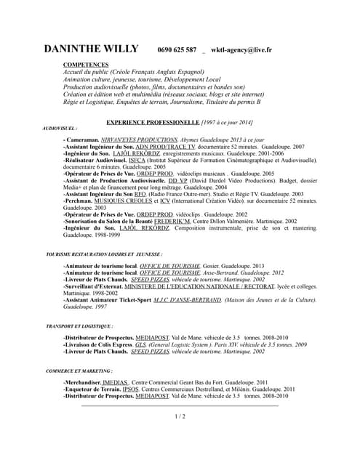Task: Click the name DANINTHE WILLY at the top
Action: tap(91, 49)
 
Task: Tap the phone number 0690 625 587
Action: tap(177, 50)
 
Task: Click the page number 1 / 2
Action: tap(180, 416)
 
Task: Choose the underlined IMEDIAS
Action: tap(114, 383)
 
